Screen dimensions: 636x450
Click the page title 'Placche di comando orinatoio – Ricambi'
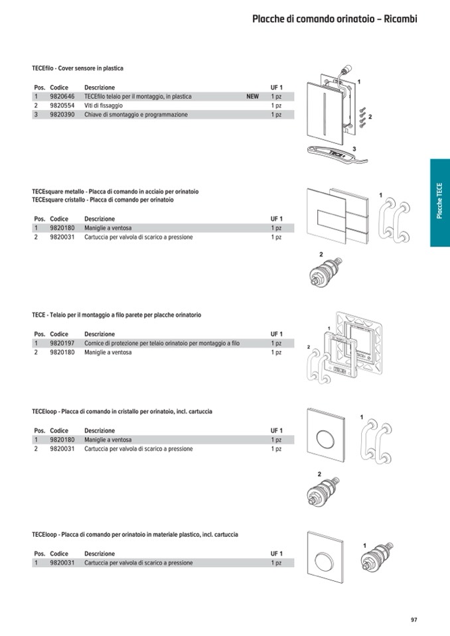[334, 19]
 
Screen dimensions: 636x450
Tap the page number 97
[413, 619]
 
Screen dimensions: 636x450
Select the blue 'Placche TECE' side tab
[439, 202]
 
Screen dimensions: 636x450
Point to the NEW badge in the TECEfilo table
[252, 97]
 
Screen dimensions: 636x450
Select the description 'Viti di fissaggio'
[104, 105]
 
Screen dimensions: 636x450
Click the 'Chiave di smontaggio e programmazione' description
[135, 115]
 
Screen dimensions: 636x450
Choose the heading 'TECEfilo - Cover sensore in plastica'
[77, 68]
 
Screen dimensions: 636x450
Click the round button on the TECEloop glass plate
[326, 440]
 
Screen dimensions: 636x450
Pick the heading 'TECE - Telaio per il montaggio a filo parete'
[116, 315]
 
